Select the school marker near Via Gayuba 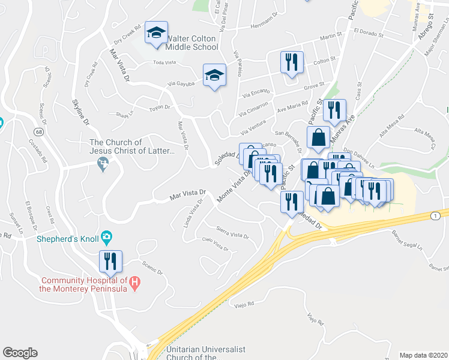tap(214, 75)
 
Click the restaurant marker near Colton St tap(292, 62)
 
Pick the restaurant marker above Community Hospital tap(110, 261)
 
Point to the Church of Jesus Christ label tap(132, 146)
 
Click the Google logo tap(20, 352)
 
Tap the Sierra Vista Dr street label tap(232, 233)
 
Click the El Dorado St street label tap(369, 33)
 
